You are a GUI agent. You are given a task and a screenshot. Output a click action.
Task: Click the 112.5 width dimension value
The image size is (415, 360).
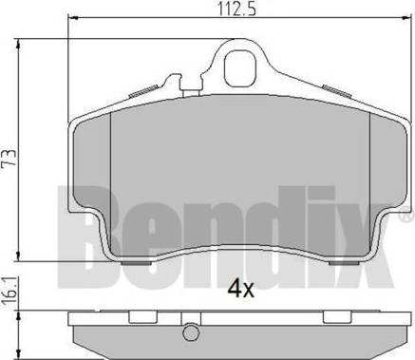(x=237, y=9)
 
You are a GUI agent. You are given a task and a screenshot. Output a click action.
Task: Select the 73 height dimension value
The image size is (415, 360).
(x=9, y=158)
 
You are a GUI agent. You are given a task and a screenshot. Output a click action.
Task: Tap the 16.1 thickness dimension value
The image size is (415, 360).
(x=9, y=291)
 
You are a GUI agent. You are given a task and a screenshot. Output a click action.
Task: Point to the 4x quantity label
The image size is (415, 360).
(x=241, y=290)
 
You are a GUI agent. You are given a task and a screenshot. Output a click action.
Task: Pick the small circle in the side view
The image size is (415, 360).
(x=191, y=332)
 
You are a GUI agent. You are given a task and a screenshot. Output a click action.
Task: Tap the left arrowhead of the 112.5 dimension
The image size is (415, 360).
(x=73, y=18)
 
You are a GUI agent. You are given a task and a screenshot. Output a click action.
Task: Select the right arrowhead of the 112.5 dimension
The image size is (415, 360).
(x=405, y=18)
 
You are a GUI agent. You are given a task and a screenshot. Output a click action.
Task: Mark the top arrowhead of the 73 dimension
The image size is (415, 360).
(x=18, y=44)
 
